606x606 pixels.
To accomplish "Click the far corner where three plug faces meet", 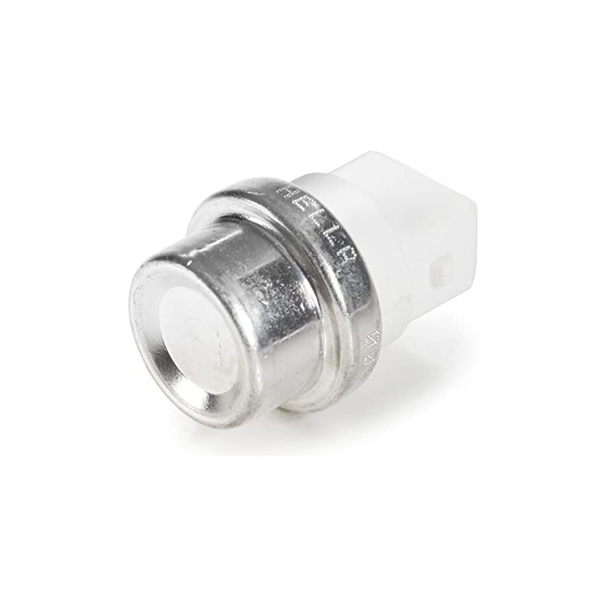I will coord(473,208).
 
